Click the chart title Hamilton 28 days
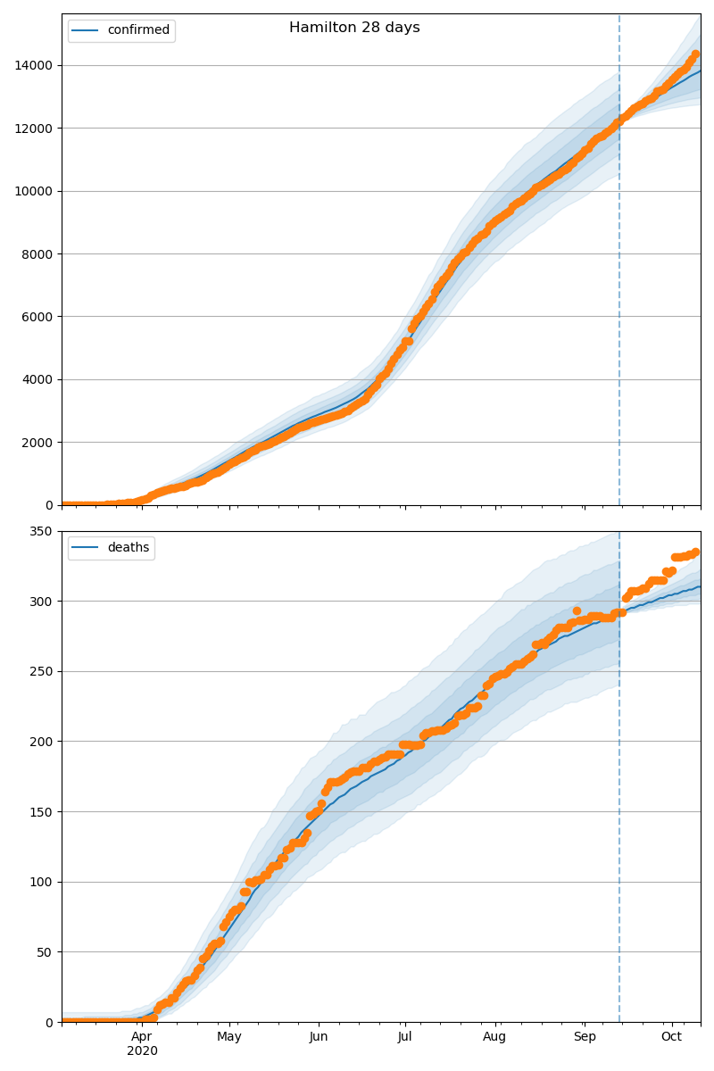(354, 28)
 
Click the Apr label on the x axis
(142, 1036)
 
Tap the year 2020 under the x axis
(142, 1050)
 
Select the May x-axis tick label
(229, 1036)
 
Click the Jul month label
(404, 1036)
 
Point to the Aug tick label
(494, 1036)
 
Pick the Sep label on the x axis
(585, 1036)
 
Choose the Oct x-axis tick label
(671, 1036)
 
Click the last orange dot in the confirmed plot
(695, 54)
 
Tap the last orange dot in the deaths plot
(695, 552)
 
